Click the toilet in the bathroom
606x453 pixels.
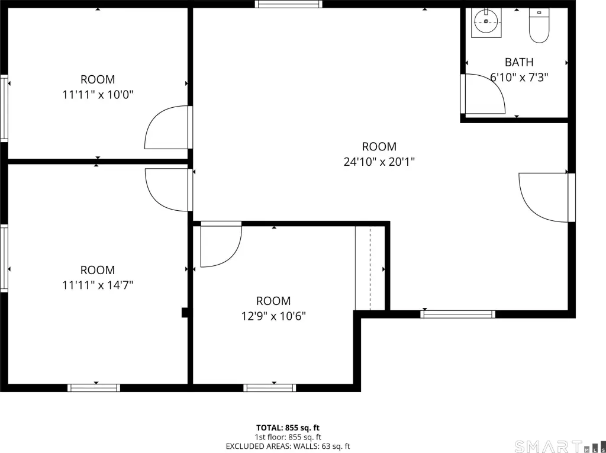(x=539, y=25)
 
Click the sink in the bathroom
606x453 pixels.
(x=486, y=23)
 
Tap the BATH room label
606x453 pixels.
(x=519, y=62)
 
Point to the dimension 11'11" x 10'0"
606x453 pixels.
(x=98, y=94)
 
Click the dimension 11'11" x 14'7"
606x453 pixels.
(x=98, y=285)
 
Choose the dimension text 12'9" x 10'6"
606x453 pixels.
(x=273, y=316)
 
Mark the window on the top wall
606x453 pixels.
(x=288, y=4)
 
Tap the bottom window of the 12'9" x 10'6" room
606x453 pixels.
(x=270, y=388)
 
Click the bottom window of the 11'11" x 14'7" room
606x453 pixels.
(x=94, y=388)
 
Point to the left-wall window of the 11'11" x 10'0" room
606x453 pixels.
(x=4, y=108)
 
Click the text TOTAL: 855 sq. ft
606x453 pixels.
(x=288, y=428)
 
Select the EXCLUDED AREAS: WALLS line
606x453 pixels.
(x=288, y=446)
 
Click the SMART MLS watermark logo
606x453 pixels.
(x=559, y=446)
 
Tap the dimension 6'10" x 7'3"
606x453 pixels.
(x=519, y=78)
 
